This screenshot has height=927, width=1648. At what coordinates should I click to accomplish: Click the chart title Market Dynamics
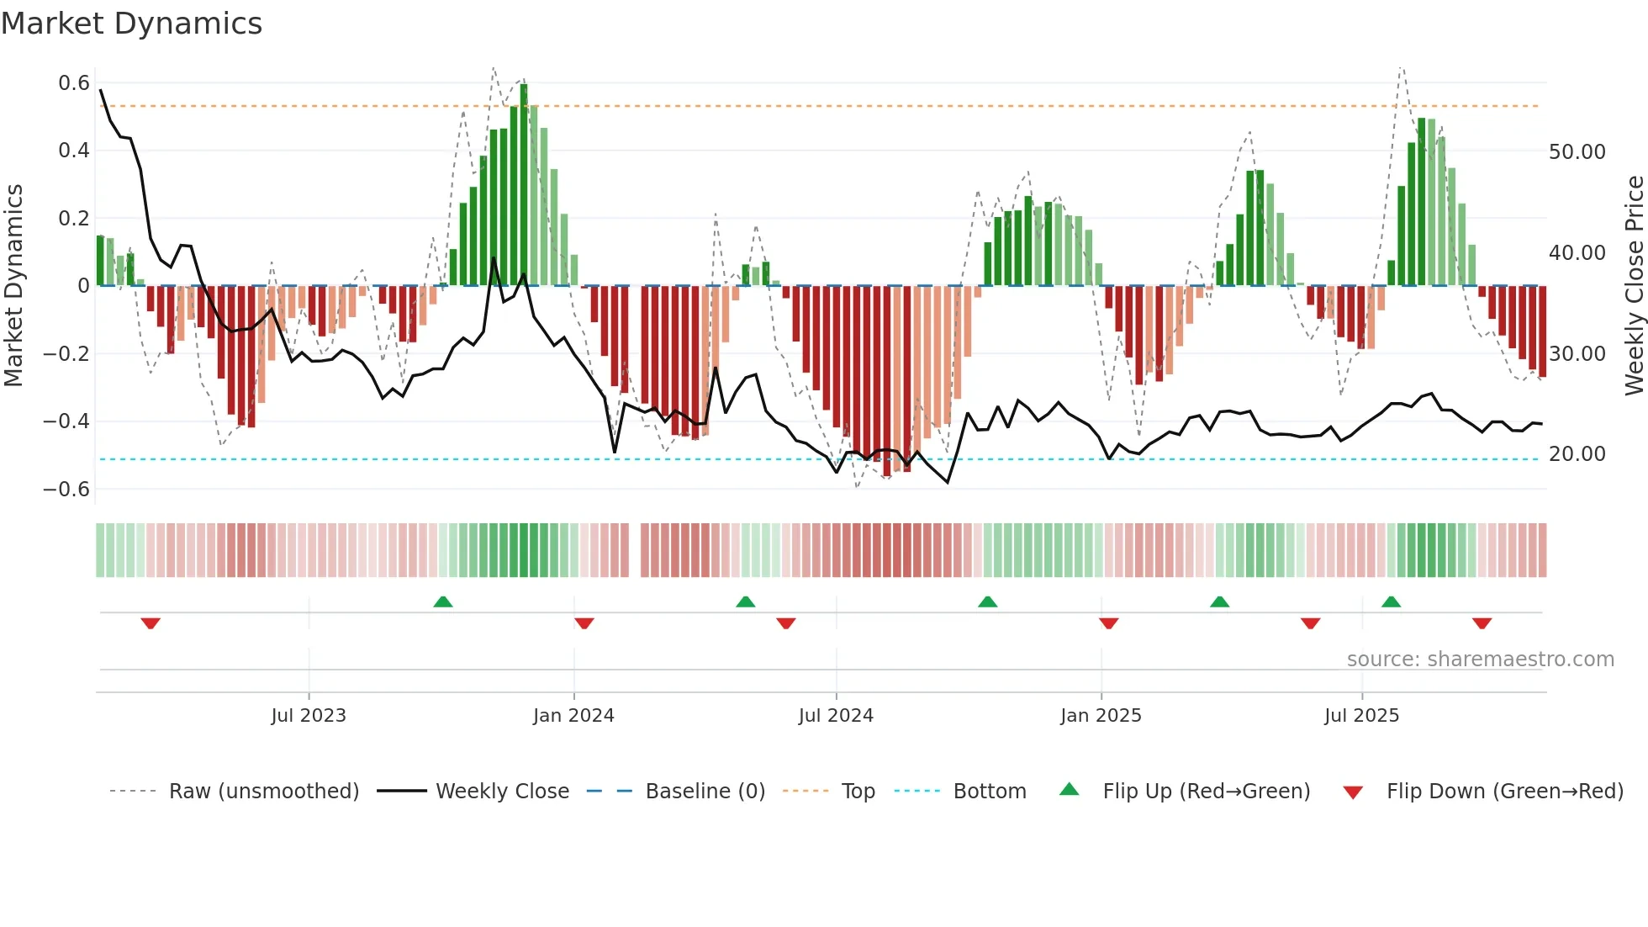(x=132, y=24)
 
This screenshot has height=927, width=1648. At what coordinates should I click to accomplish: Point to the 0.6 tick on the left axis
(x=74, y=83)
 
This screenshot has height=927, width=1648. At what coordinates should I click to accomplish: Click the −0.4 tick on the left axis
(x=66, y=421)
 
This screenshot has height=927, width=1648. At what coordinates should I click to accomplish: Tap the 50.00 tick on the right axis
(x=1577, y=152)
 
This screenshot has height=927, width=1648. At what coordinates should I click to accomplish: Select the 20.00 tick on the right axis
(x=1577, y=454)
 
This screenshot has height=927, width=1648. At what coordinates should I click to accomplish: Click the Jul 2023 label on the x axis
(x=309, y=716)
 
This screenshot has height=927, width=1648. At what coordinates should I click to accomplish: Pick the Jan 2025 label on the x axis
(x=1101, y=716)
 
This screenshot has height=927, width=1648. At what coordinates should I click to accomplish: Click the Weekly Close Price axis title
(x=1634, y=286)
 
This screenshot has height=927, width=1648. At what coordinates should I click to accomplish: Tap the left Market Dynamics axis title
(x=13, y=286)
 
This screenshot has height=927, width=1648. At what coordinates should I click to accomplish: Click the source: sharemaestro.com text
(x=1480, y=659)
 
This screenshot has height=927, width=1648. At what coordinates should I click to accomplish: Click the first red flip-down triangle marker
(x=151, y=623)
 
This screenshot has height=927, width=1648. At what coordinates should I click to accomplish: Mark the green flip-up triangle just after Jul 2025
(x=1391, y=601)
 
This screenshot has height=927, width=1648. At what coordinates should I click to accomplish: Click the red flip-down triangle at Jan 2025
(x=1108, y=623)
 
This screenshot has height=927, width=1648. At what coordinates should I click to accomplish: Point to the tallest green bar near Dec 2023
(x=524, y=185)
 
